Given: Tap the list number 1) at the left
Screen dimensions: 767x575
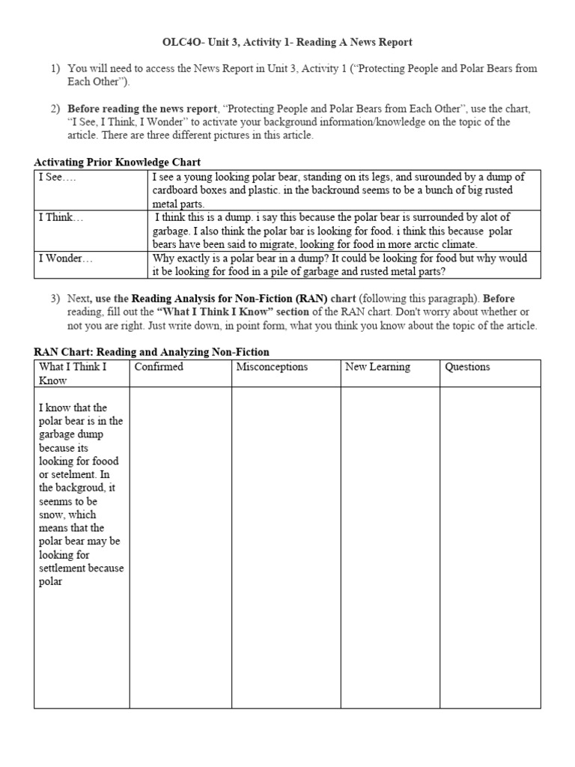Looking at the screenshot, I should [55, 68].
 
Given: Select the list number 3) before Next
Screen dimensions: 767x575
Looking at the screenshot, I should [55, 299].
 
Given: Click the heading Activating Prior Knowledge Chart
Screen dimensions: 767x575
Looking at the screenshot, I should [118, 162].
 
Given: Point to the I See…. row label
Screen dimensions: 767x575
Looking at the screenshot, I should [58, 178].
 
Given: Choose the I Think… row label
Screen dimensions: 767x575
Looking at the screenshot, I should [61, 218].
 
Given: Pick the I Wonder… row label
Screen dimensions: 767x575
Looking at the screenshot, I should [65, 258].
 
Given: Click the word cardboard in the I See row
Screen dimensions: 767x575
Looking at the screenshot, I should [177, 190].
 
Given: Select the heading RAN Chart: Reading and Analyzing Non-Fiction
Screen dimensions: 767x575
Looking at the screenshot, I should [152, 351].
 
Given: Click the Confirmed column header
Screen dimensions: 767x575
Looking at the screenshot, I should [159, 367].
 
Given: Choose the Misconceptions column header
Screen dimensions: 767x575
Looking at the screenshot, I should [272, 367].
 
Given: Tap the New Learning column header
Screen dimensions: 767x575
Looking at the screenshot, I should [377, 367].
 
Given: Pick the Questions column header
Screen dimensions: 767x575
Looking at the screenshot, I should [467, 367].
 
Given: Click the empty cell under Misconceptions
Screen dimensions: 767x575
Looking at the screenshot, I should [285, 547].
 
